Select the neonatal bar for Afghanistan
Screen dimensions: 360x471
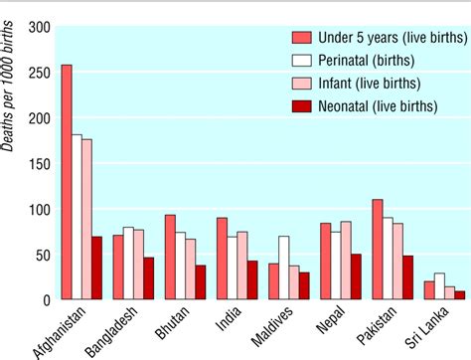coord(96,268)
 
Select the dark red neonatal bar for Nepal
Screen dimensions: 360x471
coord(355,276)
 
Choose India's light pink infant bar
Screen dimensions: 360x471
coord(241,265)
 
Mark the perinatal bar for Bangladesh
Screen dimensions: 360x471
coord(128,264)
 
